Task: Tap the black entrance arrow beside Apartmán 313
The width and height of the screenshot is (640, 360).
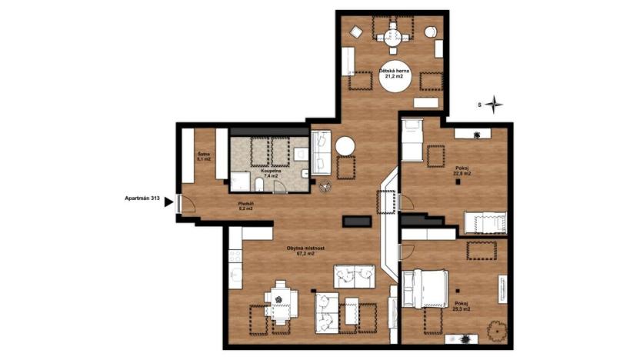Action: [168, 204]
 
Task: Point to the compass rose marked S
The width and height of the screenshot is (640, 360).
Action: [494, 104]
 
